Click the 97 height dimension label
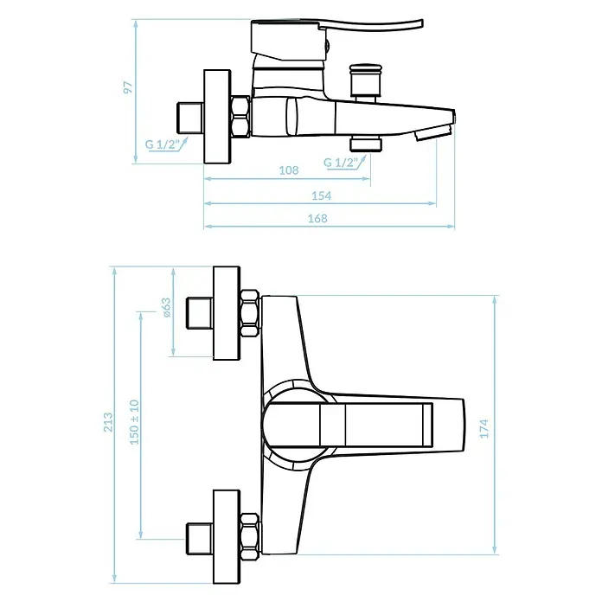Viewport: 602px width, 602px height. (x=128, y=87)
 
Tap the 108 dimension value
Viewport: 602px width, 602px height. (x=289, y=170)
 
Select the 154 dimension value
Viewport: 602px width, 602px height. (x=322, y=195)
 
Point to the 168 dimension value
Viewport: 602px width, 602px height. (x=318, y=219)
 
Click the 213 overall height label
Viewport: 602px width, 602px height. (x=108, y=422)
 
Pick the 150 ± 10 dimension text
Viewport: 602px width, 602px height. (x=134, y=422)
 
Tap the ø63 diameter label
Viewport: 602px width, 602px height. (x=166, y=308)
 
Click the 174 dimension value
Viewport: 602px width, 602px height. (x=484, y=428)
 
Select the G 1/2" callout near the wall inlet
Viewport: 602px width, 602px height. (x=163, y=144)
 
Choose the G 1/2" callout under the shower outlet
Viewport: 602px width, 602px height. (x=341, y=162)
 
